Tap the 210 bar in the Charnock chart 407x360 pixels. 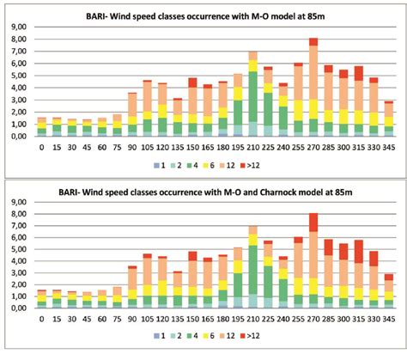tap(252, 267)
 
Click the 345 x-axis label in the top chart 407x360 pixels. tap(389, 146)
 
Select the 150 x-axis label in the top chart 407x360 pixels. tap(192, 146)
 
